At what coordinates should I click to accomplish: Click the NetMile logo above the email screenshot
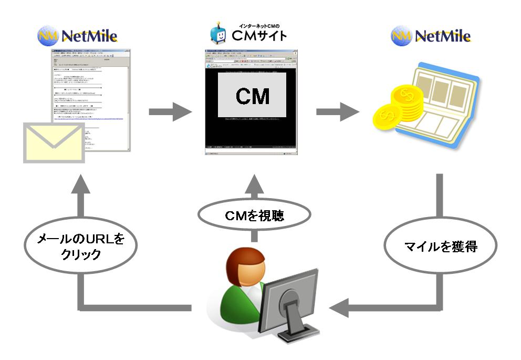[77, 35]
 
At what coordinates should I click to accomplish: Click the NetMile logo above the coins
[431, 35]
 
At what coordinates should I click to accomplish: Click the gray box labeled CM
[252, 95]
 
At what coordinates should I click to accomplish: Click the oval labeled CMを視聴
[254, 215]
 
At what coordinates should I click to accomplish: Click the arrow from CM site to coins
[336, 111]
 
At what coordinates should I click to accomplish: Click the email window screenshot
[92, 100]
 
